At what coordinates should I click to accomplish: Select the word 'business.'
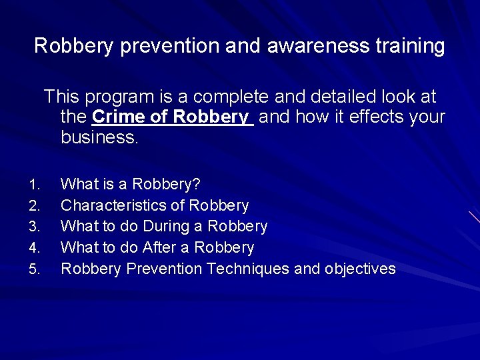(99, 137)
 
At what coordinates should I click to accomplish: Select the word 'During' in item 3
(166, 227)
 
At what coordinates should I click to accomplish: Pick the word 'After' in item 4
(159, 248)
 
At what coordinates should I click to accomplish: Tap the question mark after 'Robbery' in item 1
(197, 184)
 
